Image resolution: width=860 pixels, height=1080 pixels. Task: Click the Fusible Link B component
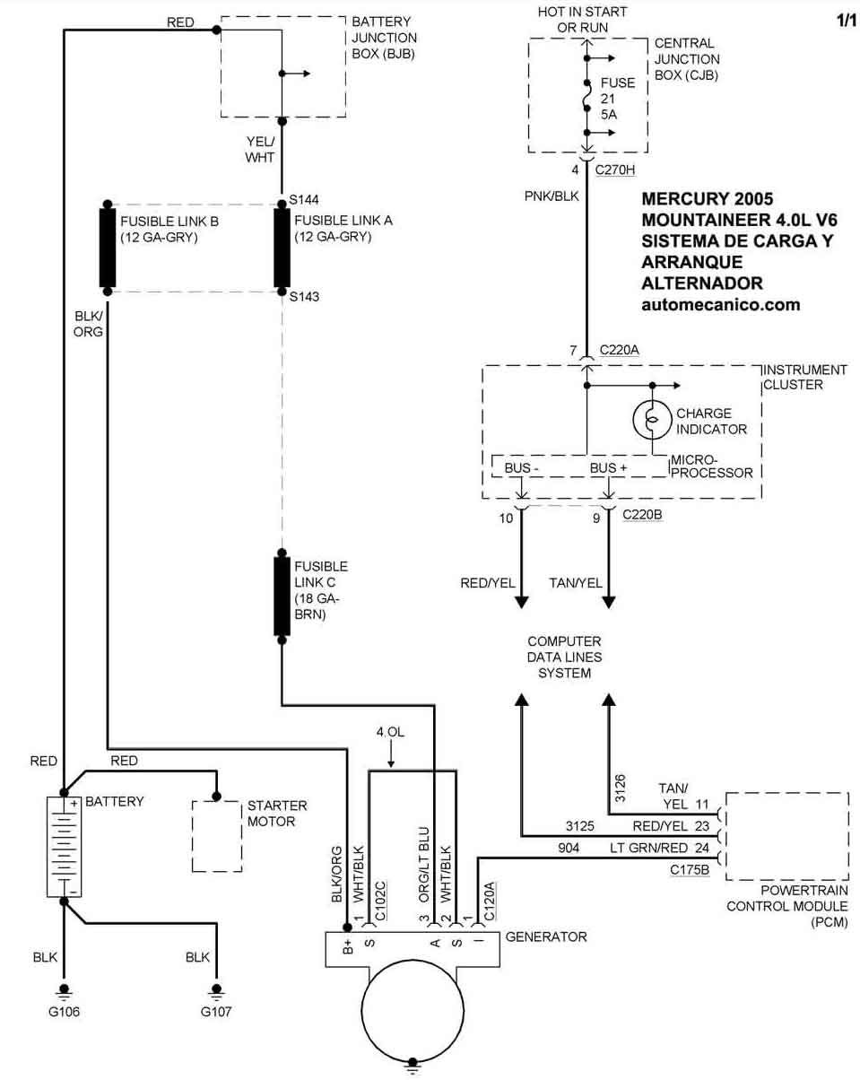[x=108, y=248]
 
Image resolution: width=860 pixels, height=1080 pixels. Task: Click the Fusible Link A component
[x=282, y=248]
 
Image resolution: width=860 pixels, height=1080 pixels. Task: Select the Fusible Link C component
[x=282, y=596]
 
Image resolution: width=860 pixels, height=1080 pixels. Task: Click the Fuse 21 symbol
[x=587, y=95]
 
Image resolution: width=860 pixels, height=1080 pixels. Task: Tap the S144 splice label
[x=304, y=200]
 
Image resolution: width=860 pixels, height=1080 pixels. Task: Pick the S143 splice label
[x=304, y=297]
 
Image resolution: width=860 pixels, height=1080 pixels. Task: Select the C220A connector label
[x=619, y=351]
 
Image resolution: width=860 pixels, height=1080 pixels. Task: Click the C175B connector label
[x=689, y=868]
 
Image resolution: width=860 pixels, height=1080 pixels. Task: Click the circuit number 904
[x=568, y=848]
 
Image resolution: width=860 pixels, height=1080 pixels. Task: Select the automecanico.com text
[x=720, y=305]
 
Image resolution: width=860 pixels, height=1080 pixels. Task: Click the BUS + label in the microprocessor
[x=608, y=467]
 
